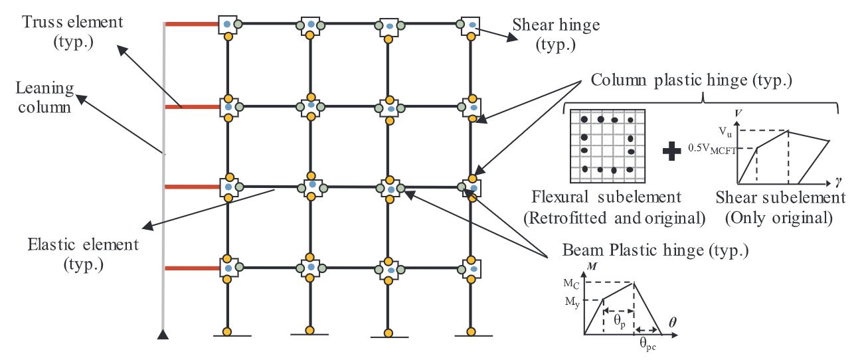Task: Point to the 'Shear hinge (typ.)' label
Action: pos(557,34)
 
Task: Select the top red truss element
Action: pos(191,25)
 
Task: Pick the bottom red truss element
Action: pos(191,269)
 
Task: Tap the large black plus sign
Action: pos(672,151)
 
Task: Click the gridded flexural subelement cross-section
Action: pos(608,145)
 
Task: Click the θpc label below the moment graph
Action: pos(649,343)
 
